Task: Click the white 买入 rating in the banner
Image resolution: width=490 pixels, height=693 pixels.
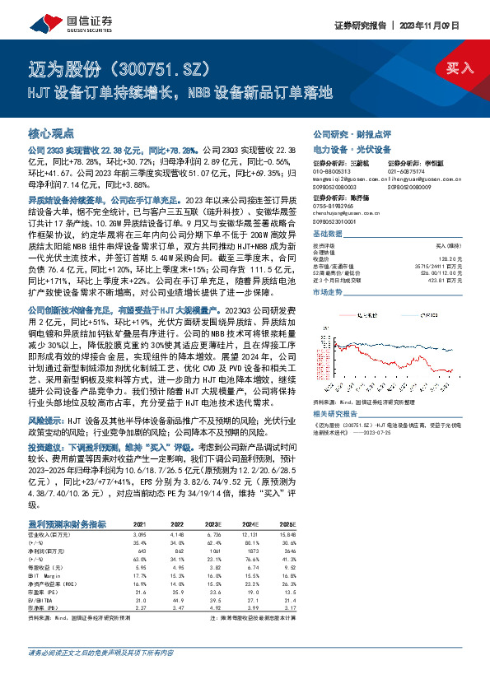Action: (460, 68)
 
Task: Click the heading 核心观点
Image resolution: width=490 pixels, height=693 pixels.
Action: (51, 133)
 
